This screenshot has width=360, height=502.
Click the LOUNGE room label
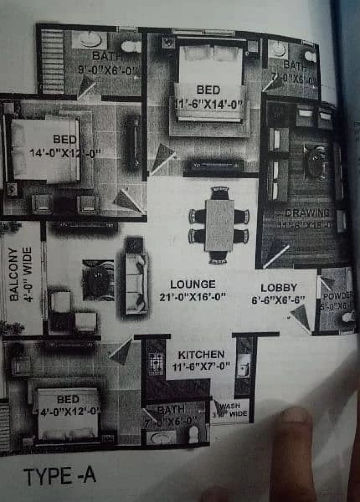pos(193,284)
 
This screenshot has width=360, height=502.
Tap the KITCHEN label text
pos(201,355)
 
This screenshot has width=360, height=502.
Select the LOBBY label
pos(279,288)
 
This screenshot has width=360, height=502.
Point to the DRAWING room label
pos(307,213)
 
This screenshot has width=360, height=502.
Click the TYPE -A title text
pos(60,476)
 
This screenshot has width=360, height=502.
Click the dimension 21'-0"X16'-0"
pos(193,297)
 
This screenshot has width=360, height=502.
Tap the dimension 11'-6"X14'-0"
pos(208,103)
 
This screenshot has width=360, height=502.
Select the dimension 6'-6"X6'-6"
pos(278,300)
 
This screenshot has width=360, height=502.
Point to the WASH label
pos(230,406)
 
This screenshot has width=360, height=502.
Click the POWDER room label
pos(337,296)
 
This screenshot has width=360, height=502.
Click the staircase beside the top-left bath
pos(52,62)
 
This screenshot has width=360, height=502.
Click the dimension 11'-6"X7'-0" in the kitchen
pos(201,366)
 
